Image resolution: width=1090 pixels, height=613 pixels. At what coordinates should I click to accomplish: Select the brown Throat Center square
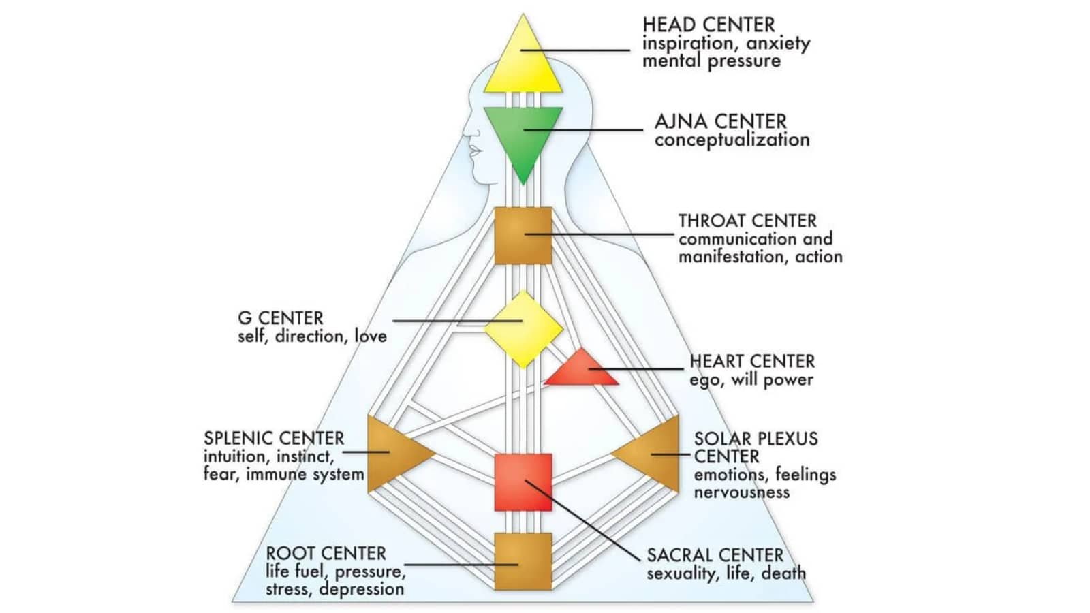[523, 236]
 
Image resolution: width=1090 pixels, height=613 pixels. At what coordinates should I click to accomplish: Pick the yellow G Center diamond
[523, 329]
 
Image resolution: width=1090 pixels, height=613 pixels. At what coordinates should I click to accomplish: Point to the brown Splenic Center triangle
[392, 453]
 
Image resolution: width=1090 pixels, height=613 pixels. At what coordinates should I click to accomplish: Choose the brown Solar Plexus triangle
[654, 454]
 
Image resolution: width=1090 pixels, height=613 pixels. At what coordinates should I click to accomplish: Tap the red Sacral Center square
[523, 482]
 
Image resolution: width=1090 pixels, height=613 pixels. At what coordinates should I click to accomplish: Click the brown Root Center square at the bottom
[523, 561]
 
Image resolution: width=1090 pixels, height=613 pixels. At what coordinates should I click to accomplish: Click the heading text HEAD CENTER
[708, 25]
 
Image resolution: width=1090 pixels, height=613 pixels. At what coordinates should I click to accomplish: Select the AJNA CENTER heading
[720, 122]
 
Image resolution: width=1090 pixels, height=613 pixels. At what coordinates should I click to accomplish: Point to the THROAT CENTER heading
[747, 221]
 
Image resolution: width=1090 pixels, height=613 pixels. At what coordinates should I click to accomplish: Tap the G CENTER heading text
[280, 318]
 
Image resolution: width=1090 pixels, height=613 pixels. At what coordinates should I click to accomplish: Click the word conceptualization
[732, 140]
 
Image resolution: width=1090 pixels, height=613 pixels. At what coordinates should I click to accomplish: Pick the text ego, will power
[751, 380]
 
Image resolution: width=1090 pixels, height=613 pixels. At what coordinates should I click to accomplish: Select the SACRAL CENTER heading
[715, 555]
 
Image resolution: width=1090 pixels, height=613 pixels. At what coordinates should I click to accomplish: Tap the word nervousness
[741, 492]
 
